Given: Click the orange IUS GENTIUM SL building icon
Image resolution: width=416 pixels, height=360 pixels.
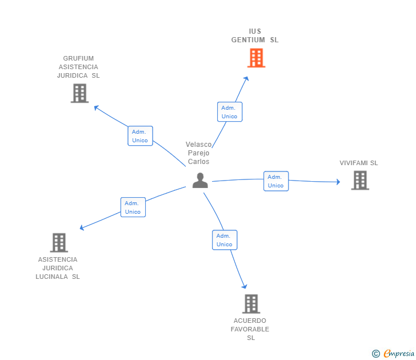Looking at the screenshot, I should click(x=256, y=58).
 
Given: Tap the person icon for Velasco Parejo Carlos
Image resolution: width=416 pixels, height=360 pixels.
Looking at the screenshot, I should click(x=200, y=180).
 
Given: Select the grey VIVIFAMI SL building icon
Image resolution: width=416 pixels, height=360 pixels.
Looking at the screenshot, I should click(x=359, y=181).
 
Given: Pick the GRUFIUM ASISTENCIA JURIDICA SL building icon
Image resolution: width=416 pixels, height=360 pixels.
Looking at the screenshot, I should click(x=79, y=93).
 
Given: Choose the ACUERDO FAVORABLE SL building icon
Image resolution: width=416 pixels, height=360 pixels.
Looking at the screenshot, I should click(x=251, y=304).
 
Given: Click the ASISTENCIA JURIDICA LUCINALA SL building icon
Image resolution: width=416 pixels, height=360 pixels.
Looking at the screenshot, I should click(x=59, y=243).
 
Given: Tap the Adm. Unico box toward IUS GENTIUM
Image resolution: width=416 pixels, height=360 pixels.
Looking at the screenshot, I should click(x=230, y=112).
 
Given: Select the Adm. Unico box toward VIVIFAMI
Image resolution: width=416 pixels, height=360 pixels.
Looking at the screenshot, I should click(x=276, y=181).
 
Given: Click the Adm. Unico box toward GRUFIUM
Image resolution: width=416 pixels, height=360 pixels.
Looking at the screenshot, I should click(x=140, y=136).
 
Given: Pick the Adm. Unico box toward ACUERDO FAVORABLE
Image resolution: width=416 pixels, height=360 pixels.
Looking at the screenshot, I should click(x=225, y=240).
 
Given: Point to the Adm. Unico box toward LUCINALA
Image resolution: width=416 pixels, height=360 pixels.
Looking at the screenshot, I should click(x=133, y=207).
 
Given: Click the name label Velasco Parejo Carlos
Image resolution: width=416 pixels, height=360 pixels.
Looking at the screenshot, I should click(x=199, y=153).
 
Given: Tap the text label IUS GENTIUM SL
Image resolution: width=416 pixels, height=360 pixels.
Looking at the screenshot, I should click(x=255, y=35).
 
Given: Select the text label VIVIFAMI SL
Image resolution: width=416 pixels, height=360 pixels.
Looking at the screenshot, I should click(x=359, y=163).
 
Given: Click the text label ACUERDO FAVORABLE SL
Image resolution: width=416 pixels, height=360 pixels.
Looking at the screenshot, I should click(x=250, y=329).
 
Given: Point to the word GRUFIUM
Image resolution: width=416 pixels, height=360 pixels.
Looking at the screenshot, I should click(x=79, y=58).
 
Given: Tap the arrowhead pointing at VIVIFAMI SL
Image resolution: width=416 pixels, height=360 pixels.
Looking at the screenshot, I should click(x=338, y=182).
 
